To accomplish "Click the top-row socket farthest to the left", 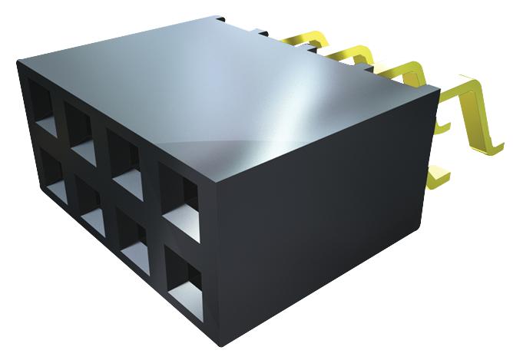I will point(43,104).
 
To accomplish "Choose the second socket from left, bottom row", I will point(86,203).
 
